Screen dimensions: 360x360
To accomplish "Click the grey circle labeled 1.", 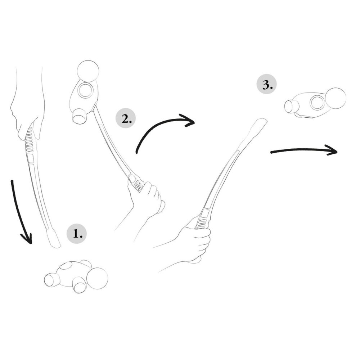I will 77,234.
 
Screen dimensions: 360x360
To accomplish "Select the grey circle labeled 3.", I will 267,85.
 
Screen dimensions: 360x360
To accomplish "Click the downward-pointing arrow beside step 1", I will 20,212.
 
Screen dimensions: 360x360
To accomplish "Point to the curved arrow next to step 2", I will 162,130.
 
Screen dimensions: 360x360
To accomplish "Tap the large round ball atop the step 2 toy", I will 88,71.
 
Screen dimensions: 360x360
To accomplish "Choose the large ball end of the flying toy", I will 335,98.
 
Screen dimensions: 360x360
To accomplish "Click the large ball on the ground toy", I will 97,278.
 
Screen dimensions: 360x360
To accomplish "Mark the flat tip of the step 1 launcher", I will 54,241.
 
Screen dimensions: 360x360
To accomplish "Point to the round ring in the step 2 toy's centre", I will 86,90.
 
